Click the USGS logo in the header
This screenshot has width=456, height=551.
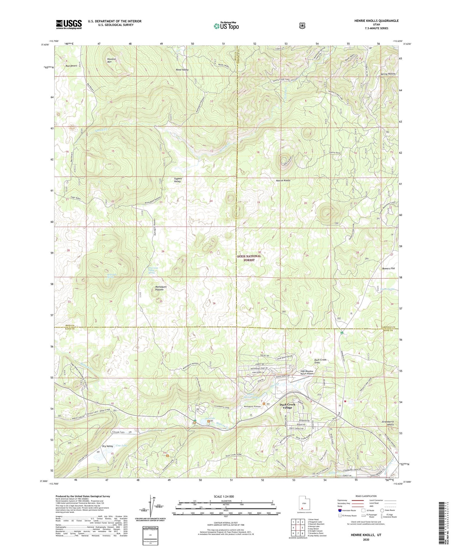tap(69, 24)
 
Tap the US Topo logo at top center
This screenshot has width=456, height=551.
tap(226, 26)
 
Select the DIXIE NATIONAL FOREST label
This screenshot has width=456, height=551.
tap(249, 258)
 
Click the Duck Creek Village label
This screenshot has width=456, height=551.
tap(287, 406)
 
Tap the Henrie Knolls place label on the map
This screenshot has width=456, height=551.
tap(283, 180)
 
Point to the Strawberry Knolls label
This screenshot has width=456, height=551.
tap(388, 423)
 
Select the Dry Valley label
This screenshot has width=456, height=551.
tap(108, 446)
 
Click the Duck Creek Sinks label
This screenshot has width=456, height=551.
tap(320, 361)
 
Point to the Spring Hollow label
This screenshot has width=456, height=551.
tap(388, 74)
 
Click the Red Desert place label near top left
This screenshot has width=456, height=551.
tap(71, 66)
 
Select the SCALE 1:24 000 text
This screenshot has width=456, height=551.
tap(226, 497)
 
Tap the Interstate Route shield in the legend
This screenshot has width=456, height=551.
tap(339, 511)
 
